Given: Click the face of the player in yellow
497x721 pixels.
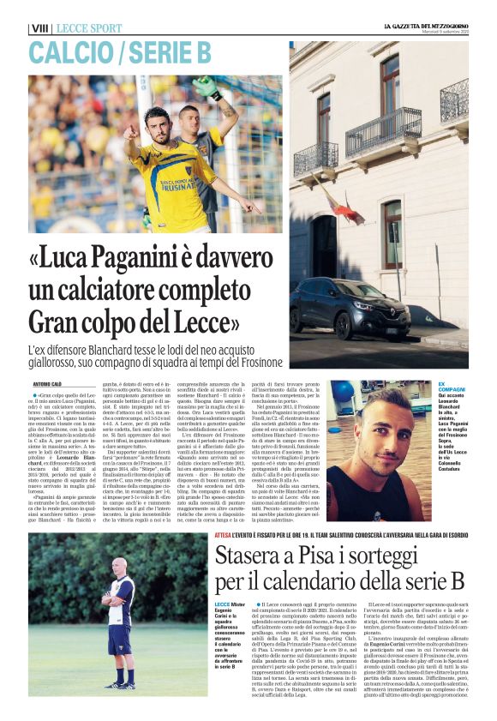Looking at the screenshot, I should (155, 121).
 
